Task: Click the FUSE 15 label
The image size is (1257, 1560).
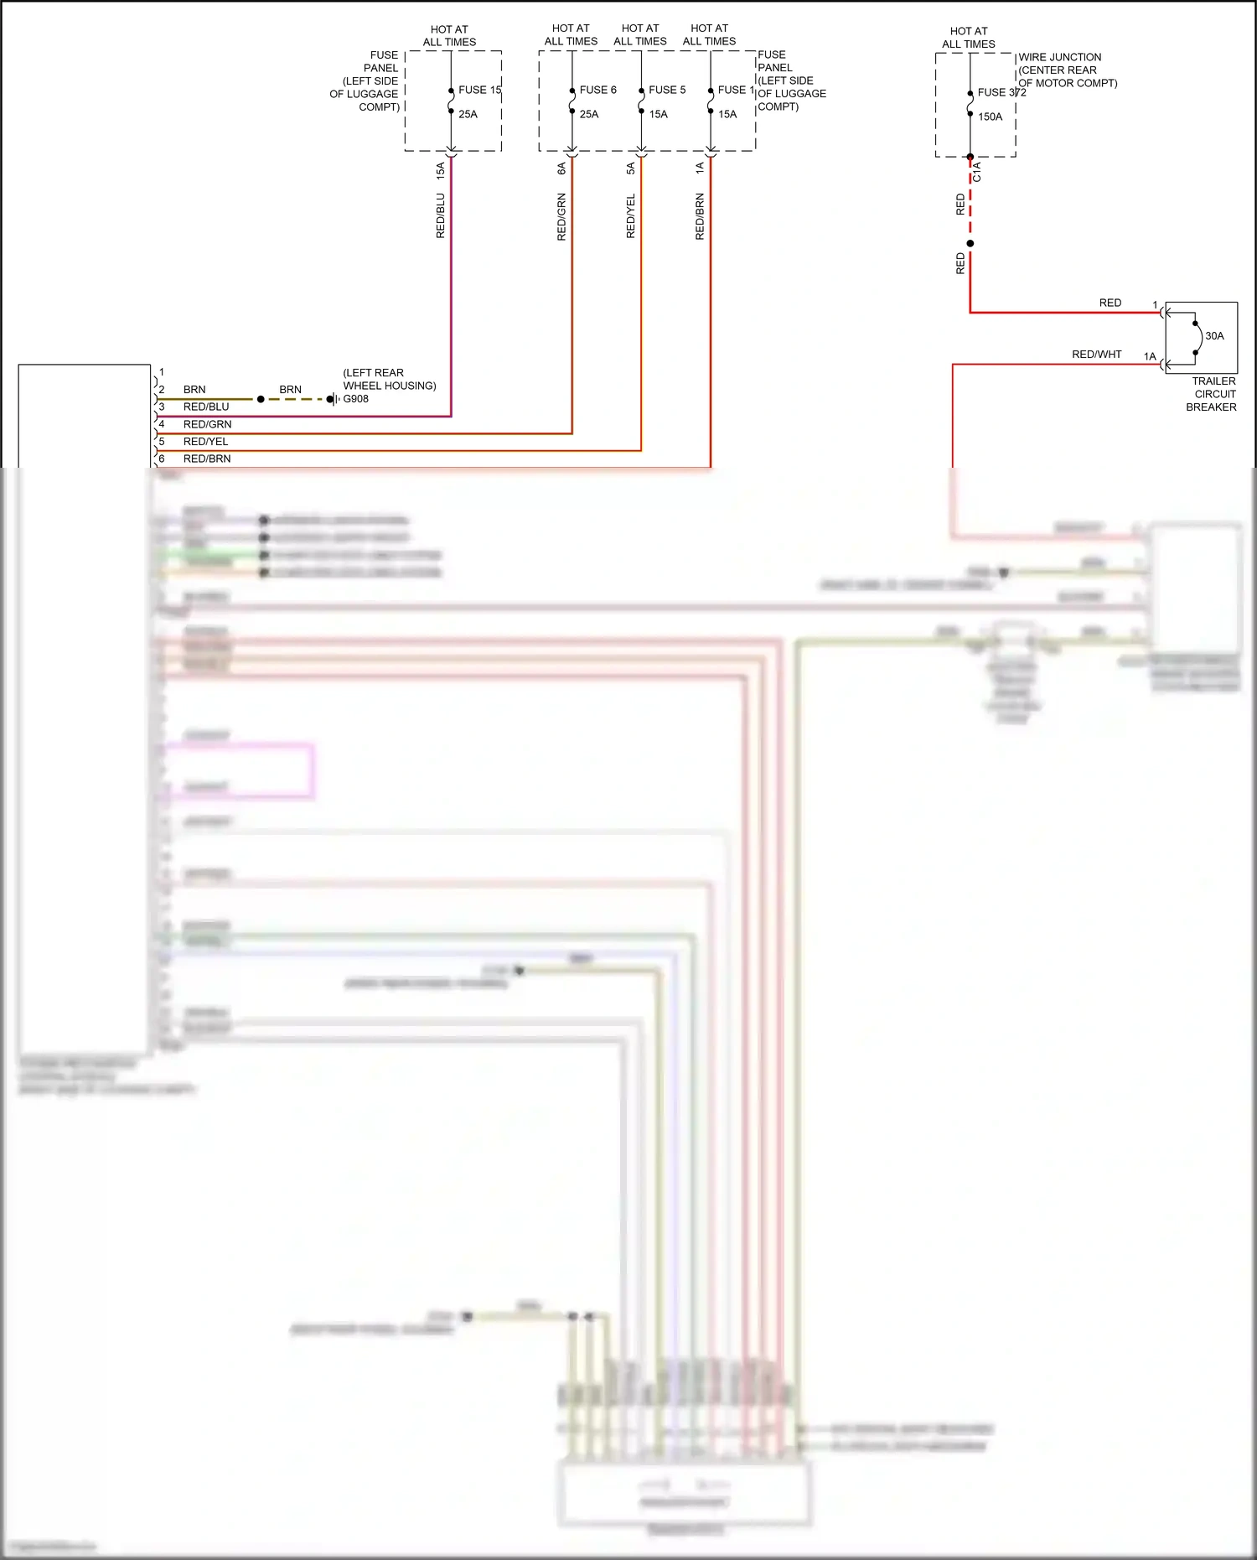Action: coord(479,90)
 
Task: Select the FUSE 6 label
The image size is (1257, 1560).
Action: coord(597,90)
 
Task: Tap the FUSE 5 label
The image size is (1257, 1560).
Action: coord(667,90)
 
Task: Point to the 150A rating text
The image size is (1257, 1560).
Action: coord(990,117)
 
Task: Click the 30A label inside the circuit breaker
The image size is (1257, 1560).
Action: coord(1214,336)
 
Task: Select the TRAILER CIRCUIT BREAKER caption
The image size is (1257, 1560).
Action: coord(1212,394)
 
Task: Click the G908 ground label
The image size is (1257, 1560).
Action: coord(355,399)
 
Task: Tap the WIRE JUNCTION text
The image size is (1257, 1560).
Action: coord(1060,57)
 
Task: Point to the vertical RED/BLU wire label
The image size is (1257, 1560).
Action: coord(441,216)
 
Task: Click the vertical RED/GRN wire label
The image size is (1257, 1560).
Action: coord(561,217)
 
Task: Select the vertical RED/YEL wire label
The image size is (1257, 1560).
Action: coord(631,216)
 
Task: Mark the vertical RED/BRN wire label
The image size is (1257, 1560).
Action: coord(700,217)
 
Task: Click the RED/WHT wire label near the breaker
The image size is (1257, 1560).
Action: coord(1096,355)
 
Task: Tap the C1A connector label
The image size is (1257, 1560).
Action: coord(976,172)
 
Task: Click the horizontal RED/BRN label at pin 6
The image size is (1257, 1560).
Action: coord(207,459)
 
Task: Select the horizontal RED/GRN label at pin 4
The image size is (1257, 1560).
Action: coord(207,425)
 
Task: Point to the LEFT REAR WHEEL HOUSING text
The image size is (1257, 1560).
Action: coord(389,379)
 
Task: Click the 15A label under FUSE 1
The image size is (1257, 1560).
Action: coord(727,114)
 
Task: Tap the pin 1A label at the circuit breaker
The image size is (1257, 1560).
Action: coord(1150,357)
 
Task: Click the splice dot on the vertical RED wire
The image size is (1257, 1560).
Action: coord(970,244)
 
